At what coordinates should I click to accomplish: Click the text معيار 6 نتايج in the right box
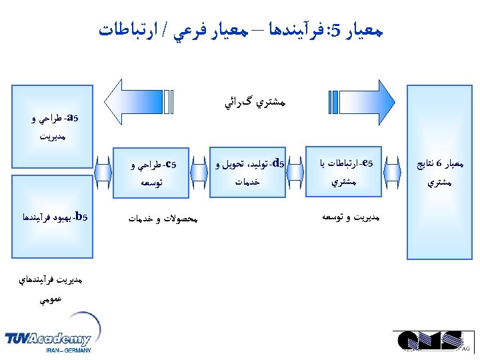[x=440, y=163]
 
